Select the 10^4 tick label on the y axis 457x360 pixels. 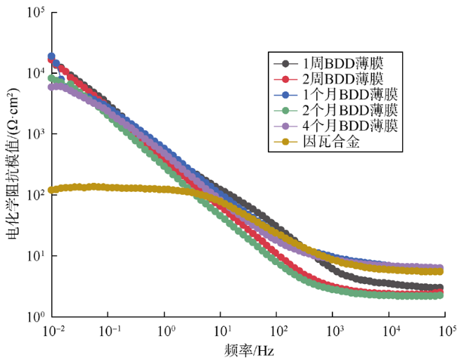coord(32,73)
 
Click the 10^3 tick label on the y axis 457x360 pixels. coord(32,134)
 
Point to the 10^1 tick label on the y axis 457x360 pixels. coord(32,256)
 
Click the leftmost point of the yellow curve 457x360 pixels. coord(51,191)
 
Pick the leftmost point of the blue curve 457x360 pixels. coord(51,56)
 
